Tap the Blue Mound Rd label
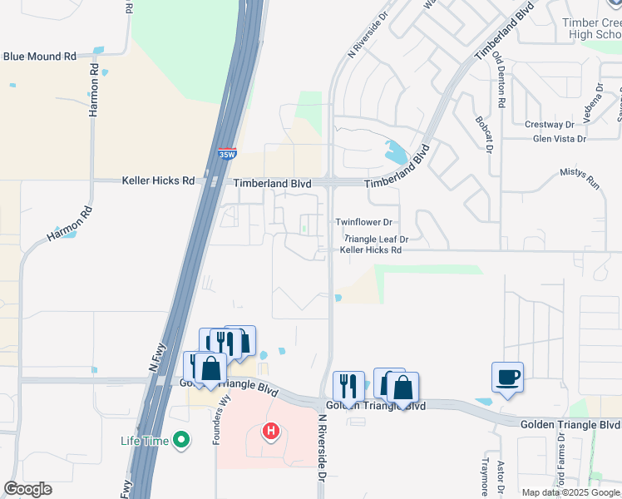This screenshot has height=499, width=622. [x=39, y=57]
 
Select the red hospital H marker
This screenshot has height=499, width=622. [x=270, y=432]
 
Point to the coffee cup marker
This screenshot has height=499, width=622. [x=507, y=378]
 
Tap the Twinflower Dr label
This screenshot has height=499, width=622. [x=363, y=222]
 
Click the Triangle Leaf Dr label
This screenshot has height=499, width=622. [x=376, y=239]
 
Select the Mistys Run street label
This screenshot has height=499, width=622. [x=580, y=179]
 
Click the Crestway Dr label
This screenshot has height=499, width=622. [x=545, y=125]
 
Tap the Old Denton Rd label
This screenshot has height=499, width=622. [x=499, y=80]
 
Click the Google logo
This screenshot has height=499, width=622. [x=27, y=489]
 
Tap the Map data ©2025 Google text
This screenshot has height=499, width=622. [x=570, y=492]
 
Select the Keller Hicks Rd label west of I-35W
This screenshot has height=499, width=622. [x=158, y=180]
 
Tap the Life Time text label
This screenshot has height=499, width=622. [x=145, y=441]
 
